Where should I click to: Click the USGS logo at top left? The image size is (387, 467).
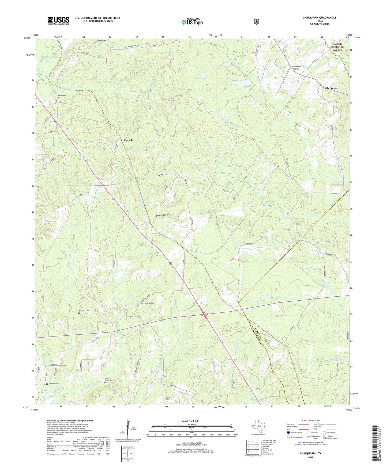[58, 21]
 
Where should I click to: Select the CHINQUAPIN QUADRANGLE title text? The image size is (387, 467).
[320, 18]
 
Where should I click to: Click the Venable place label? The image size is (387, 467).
[128, 140]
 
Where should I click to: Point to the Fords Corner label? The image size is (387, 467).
[330, 88]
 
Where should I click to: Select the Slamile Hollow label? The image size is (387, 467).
[163, 215]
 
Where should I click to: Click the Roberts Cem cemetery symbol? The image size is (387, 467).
[97, 43]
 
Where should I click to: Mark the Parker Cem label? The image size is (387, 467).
[61, 95]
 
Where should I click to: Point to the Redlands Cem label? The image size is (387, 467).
[149, 303]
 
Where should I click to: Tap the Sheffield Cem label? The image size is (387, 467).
[84, 311]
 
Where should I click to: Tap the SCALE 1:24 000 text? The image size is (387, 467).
[190, 421]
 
